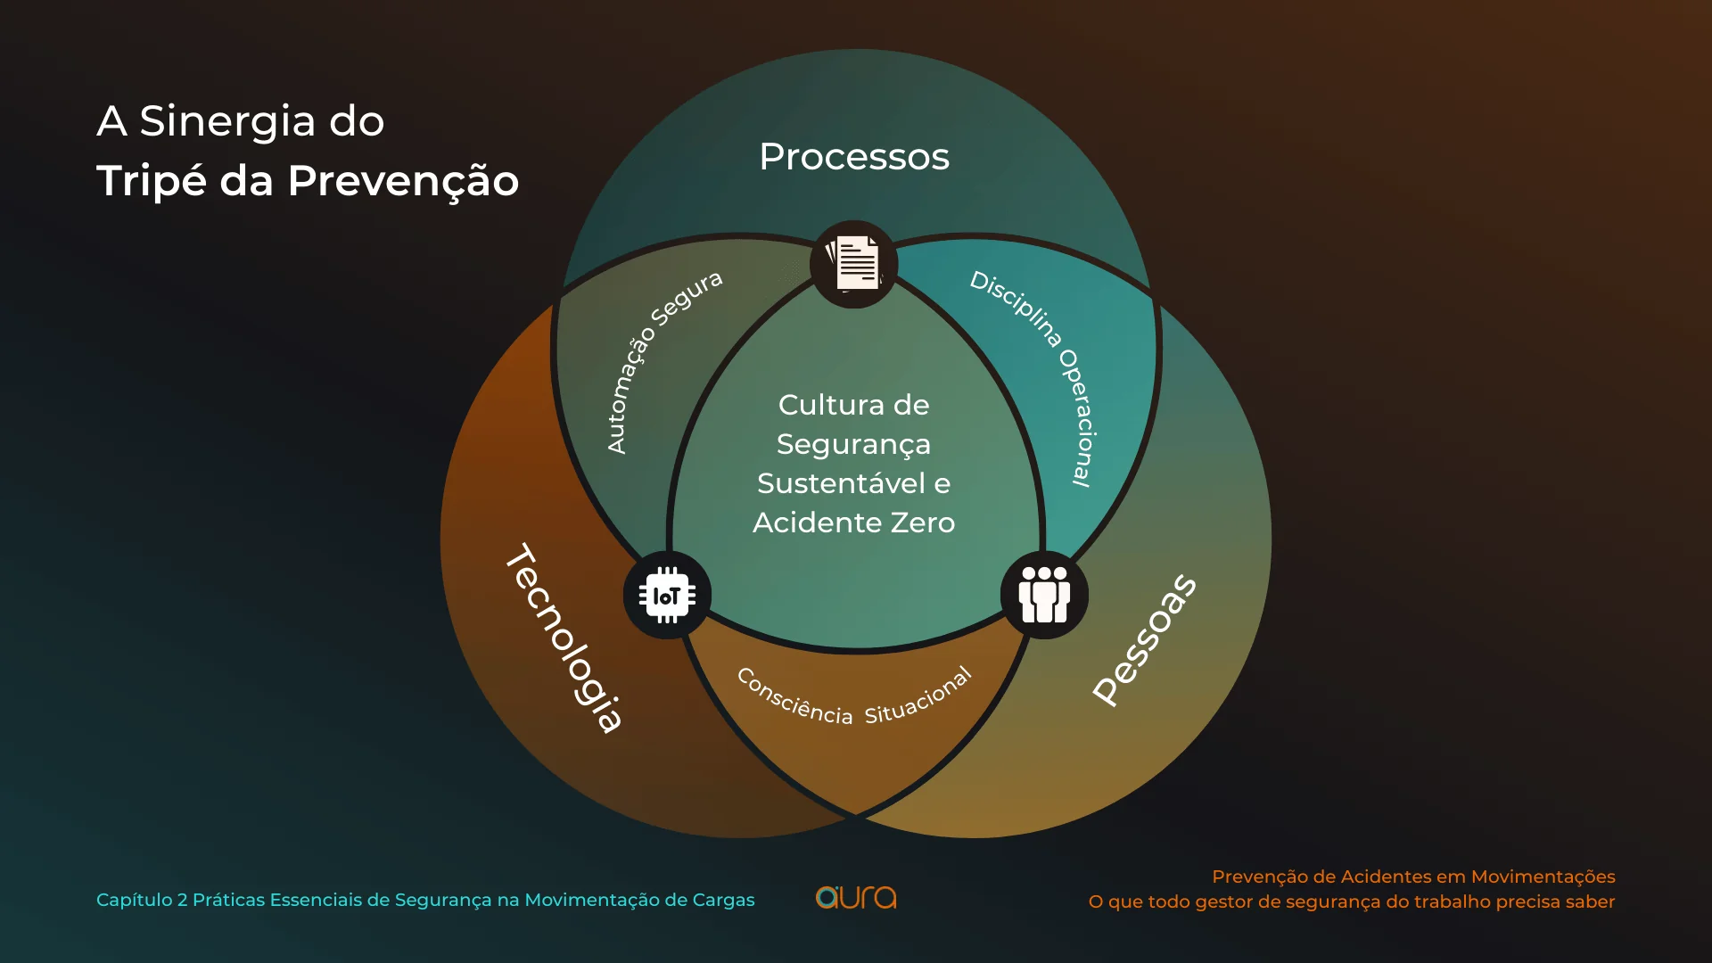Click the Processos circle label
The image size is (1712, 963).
coord(854,157)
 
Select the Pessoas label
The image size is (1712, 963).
coord(1145,639)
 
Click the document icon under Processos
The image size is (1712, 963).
coord(854,264)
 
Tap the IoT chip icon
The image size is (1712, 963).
coord(667,596)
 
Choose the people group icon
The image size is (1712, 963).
coord(1044,595)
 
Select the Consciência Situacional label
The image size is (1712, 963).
coord(854,696)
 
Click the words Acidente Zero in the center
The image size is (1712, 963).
coord(854,523)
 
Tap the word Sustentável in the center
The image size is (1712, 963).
coord(842,483)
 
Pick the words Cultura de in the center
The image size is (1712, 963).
coord(854,405)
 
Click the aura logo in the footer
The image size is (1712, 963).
coord(856,897)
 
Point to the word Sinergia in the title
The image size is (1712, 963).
coord(227,122)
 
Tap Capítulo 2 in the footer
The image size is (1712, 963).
coord(142,901)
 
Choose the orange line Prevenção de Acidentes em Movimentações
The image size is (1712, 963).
coord(1413,877)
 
